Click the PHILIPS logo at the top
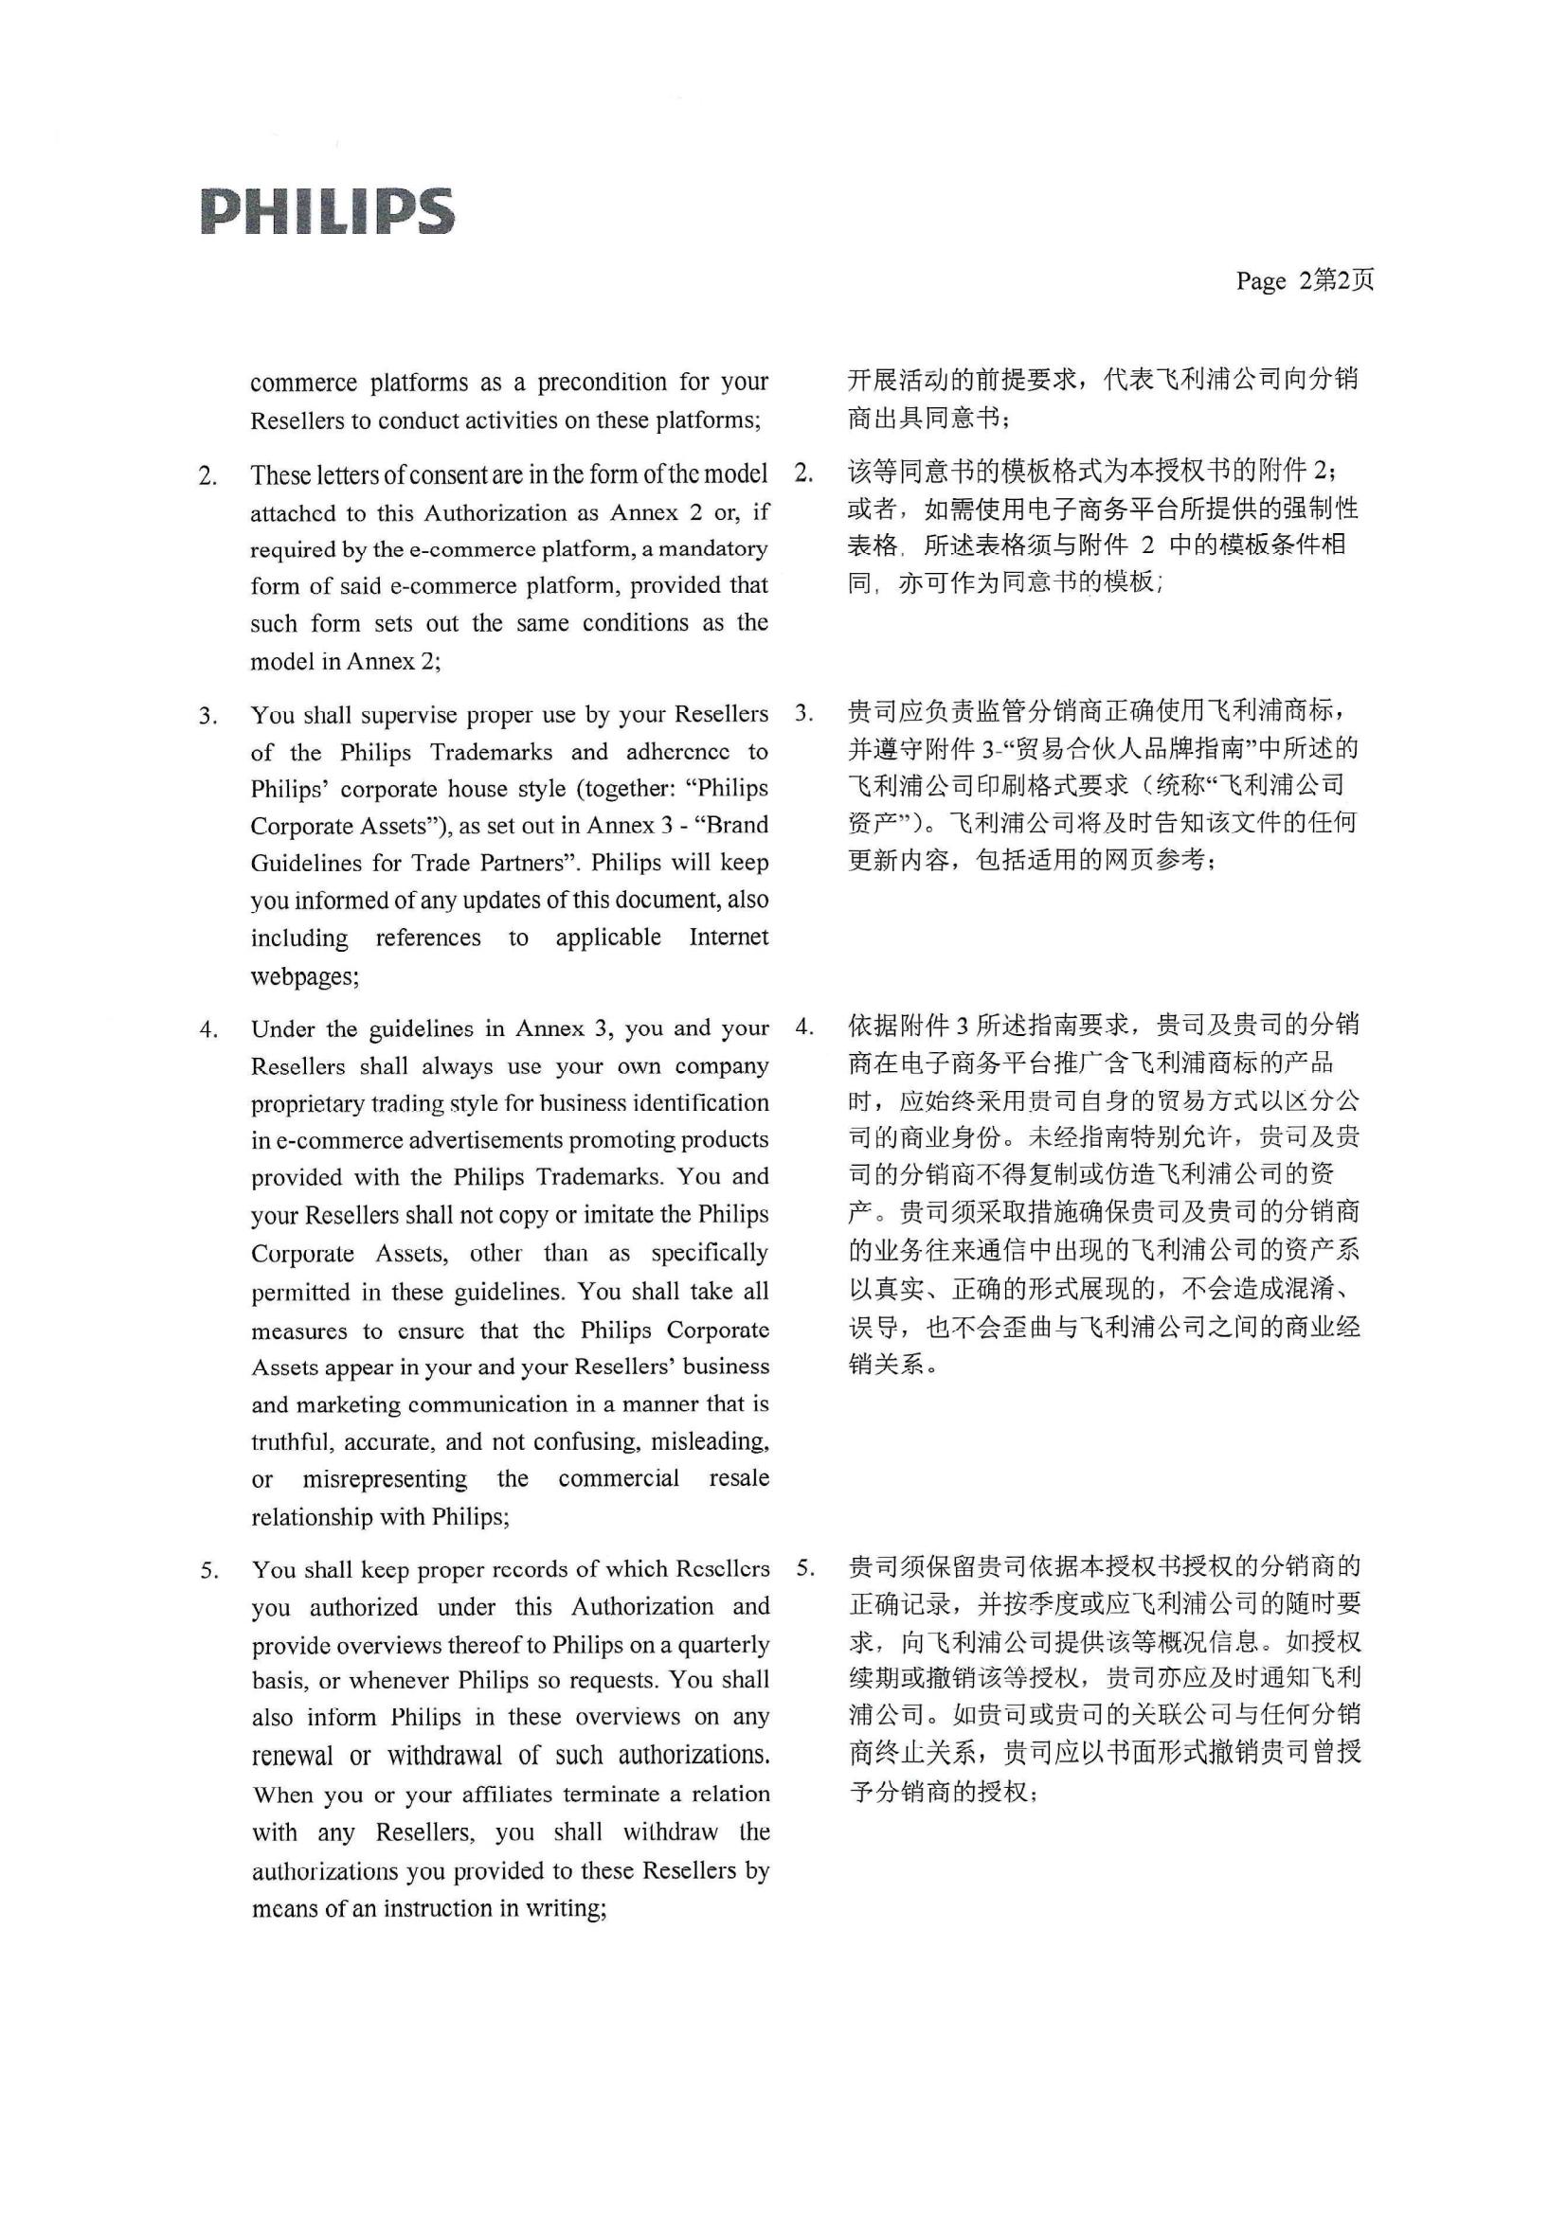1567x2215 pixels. (x=328, y=211)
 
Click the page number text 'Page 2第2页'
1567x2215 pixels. (x=1305, y=280)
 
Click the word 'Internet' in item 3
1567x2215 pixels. (x=729, y=937)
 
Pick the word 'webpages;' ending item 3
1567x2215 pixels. (x=305, y=975)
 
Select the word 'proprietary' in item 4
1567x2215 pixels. (x=308, y=1103)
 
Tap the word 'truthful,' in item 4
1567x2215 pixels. (x=294, y=1441)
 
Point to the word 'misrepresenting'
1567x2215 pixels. (x=384, y=1479)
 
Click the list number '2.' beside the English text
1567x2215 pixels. (x=207, y=475)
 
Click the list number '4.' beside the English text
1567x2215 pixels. (x=208, y=1029)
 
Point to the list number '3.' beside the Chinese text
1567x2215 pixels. (x=803, y=714)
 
